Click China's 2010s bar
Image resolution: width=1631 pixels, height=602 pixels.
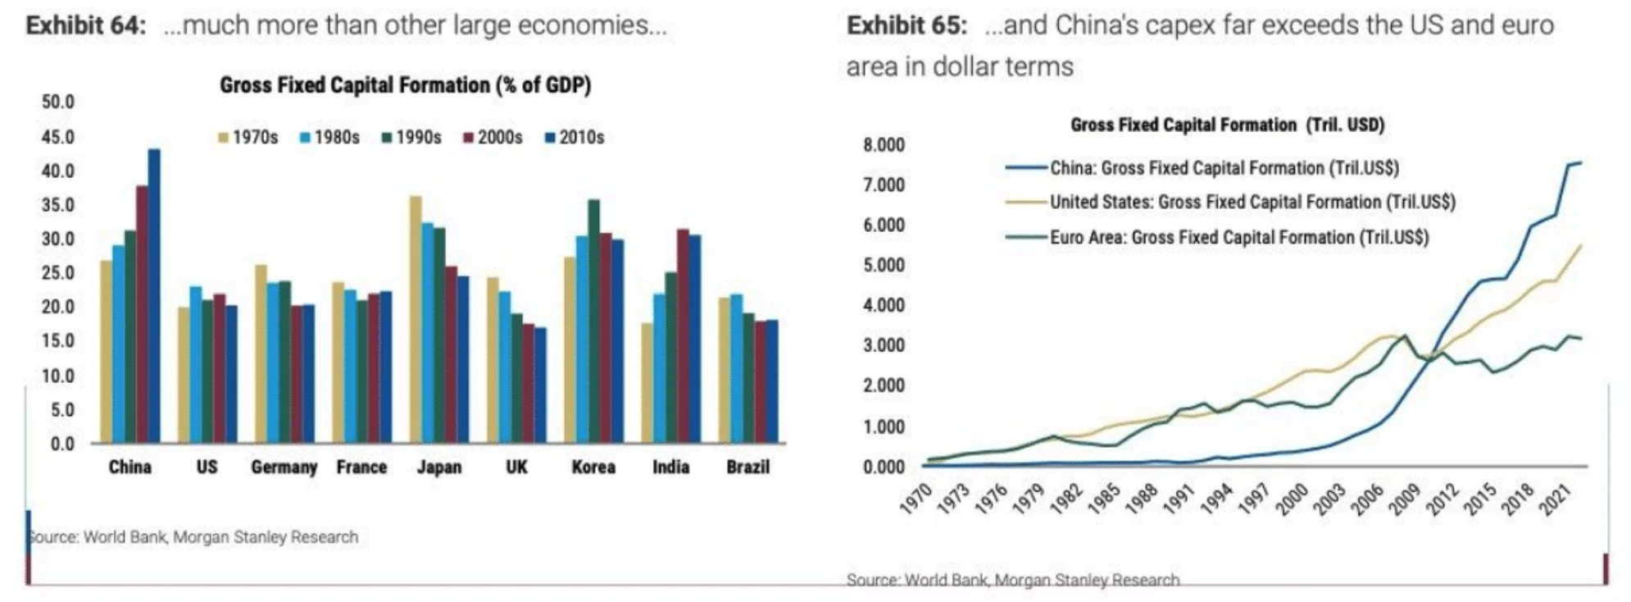[x=154, y=295]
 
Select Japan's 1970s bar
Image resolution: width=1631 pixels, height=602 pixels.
[x=416, y=320]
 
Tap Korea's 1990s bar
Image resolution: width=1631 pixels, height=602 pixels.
[x=593, y=322]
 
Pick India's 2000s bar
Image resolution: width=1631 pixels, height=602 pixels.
[x=683, y=336]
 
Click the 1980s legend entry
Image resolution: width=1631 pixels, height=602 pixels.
[x=329, y=138]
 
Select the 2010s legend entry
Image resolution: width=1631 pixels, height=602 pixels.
[x=575, y=138]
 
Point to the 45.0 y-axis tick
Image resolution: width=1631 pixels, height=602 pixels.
[x=57, y=137]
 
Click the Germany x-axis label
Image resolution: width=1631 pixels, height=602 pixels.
[x=284, y=467]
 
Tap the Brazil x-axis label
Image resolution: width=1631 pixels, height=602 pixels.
[x=747, y=467]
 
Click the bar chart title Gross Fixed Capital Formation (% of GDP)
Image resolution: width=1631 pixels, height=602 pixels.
[x=405, y=85]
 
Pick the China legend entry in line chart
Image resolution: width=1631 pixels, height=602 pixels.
[x=1224, y=168]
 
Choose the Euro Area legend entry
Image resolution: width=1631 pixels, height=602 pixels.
[x=1238, y=238]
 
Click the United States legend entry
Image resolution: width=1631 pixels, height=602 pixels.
[x=1252, y=203]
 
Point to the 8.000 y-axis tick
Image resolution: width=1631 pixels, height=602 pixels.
[x=884, y=145]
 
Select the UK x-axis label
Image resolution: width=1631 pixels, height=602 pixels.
[x=516, y=467]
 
